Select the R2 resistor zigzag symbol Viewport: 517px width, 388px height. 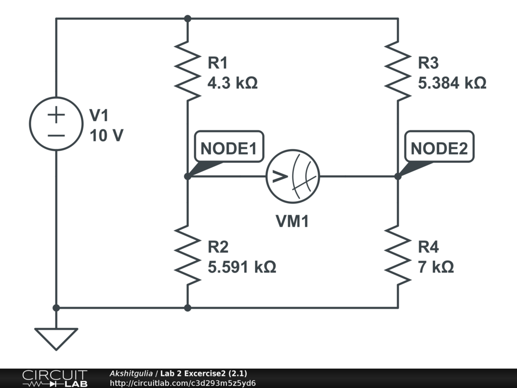[187, 256]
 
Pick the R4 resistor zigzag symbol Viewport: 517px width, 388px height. [398, 256]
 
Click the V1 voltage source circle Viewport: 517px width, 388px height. [56, 124]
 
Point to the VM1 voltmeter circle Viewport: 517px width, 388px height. [293, 176]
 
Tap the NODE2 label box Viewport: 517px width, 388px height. [442, 149]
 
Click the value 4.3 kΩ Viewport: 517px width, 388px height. [233, 83]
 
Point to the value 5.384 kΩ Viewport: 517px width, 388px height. [452, 83]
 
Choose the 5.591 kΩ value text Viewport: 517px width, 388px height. [242, 267]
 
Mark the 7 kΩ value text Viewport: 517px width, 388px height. [436, 267]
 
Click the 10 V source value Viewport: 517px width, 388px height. [106, 135]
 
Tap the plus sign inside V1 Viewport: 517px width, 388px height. [56, 115]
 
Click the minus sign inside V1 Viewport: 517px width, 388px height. [56, 135]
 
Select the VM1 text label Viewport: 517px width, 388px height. [292, 221]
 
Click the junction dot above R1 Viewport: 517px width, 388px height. [187, 19]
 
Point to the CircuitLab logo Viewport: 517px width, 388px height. [55, 378]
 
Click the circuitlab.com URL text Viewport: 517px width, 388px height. [183, 383]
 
